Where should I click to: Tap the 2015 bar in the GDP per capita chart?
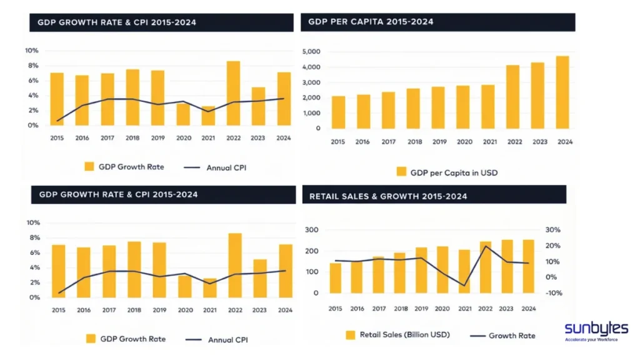(x=337, y=112)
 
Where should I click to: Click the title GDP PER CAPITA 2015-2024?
(x=371, y=22)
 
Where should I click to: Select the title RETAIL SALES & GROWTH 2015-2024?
(x=388, y=196)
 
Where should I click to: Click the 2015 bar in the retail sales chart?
(x=336, y=277)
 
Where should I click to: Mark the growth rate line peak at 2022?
(x=486, y=246)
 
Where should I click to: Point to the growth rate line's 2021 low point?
(x=464, y=286)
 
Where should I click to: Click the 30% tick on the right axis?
(x=554, y=230)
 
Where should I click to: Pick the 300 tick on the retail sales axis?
(x=312, y=230)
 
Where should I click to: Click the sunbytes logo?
(x=596, y=331)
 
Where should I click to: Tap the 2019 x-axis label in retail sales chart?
(x=421, y=309)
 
